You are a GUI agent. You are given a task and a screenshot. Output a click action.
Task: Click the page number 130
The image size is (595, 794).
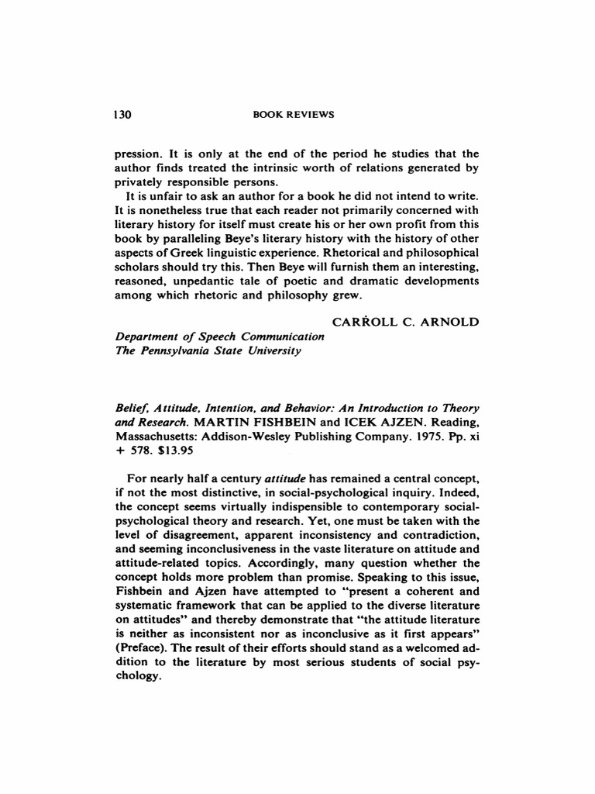pos(123,115)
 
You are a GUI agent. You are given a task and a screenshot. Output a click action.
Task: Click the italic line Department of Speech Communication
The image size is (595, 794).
pos(219,337)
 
